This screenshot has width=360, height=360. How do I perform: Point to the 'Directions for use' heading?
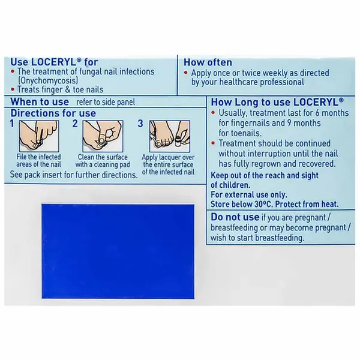pos(53,113)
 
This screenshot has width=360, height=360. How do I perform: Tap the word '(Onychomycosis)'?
pos(46,80)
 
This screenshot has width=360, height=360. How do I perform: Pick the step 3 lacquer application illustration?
pos(167,135)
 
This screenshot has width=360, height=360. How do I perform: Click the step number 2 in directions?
pos(76,124)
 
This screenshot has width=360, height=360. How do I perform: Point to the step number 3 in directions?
pos(140,124)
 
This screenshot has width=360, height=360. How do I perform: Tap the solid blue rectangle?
pos(117,248)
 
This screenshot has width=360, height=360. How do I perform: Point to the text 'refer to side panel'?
pos(107,102)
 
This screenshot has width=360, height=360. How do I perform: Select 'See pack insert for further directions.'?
pos(74,175)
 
